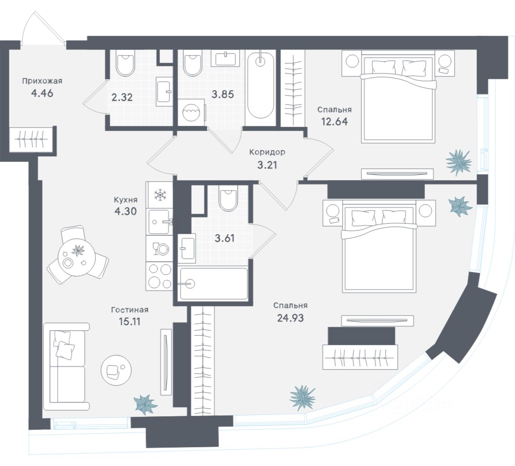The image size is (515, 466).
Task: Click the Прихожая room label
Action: tap(42, 81)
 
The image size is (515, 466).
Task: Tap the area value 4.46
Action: tap(42, 93)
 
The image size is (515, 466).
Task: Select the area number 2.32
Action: tap(122, 97)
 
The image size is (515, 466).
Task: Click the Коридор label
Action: tap(267, 152)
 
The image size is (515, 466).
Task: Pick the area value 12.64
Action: tap(335, 121)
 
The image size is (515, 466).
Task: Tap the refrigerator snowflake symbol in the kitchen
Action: tap(160, 195)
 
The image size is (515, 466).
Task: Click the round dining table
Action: tap(77, 255)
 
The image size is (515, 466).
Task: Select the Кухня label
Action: tap(125, 200)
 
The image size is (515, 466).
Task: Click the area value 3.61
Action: tap(225, 238)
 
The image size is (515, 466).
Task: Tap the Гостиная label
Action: tap(130, 310)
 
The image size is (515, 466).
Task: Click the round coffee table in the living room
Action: tap(116, 370)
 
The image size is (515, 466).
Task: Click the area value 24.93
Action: tap(290, 318)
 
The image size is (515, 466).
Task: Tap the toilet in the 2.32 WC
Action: tap(125, 63)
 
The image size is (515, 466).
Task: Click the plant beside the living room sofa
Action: tap(145, 404)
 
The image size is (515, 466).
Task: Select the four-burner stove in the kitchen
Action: tap(159, 276)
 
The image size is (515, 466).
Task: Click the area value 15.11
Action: tap(129, 321)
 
